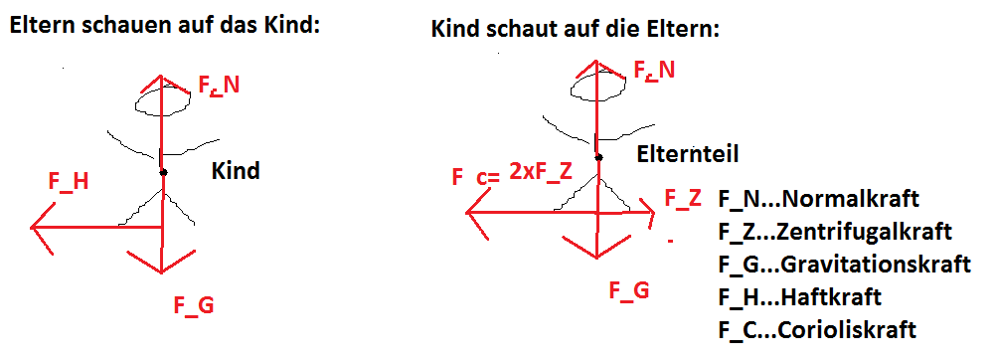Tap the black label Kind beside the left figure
point(236,170)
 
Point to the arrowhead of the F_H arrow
point(32,227)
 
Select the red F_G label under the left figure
point(194,305)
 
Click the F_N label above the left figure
point(219,86)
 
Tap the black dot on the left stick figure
point(163,172)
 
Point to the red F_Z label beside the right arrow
point(683,198)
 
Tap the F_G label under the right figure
point(629,290)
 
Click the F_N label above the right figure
point(655,70)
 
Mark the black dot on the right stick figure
point(598,157)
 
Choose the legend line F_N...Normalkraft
point(819,199)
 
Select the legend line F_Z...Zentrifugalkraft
point(835,231)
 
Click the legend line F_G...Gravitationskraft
point(845,264)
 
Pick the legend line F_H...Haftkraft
point(800,296)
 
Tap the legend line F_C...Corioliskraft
point(817,330)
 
